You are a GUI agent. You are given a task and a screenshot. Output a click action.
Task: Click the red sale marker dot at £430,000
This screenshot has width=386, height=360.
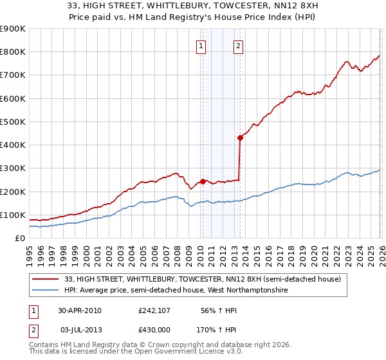[x=240, y=137]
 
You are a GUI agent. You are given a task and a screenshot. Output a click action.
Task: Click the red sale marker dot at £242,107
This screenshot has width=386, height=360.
[x=203, y=181]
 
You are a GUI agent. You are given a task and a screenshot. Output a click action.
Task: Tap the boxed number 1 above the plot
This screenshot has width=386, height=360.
[x=201, y=46]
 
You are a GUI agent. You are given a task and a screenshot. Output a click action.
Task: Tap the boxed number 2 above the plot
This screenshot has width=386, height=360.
[x=238, y=46]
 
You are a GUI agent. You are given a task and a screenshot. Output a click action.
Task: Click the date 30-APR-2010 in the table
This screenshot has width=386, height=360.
[x=80, y=310]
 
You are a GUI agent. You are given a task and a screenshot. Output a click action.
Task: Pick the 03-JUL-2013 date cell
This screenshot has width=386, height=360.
[x=80, y=329]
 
